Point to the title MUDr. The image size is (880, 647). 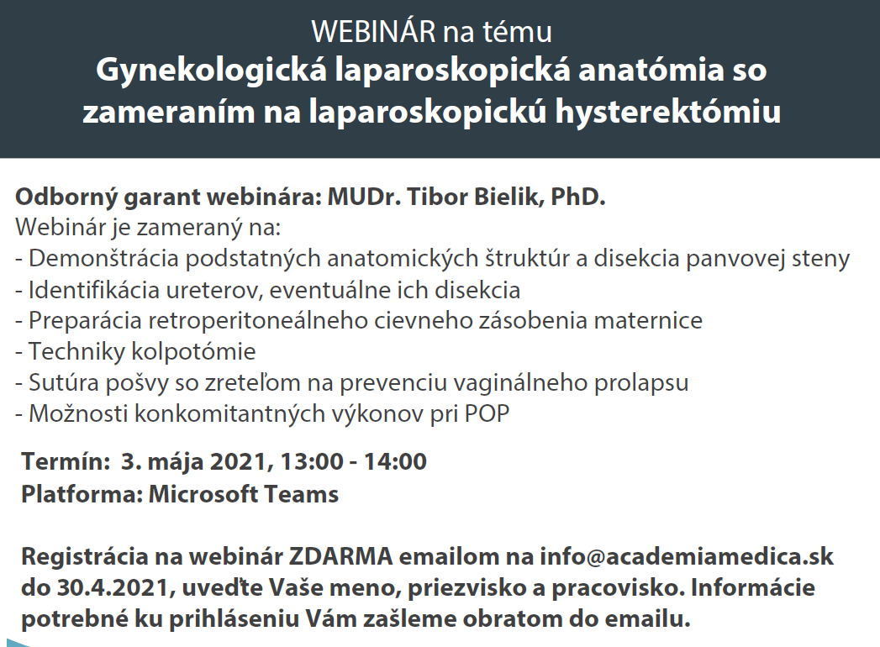point(364,197)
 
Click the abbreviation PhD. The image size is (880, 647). point(578,197)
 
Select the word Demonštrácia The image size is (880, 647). point(104,258)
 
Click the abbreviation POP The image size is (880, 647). point(487,413)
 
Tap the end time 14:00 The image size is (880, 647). point(395,461)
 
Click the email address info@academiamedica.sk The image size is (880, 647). point(687,556)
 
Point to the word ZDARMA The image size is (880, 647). point(340,556)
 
